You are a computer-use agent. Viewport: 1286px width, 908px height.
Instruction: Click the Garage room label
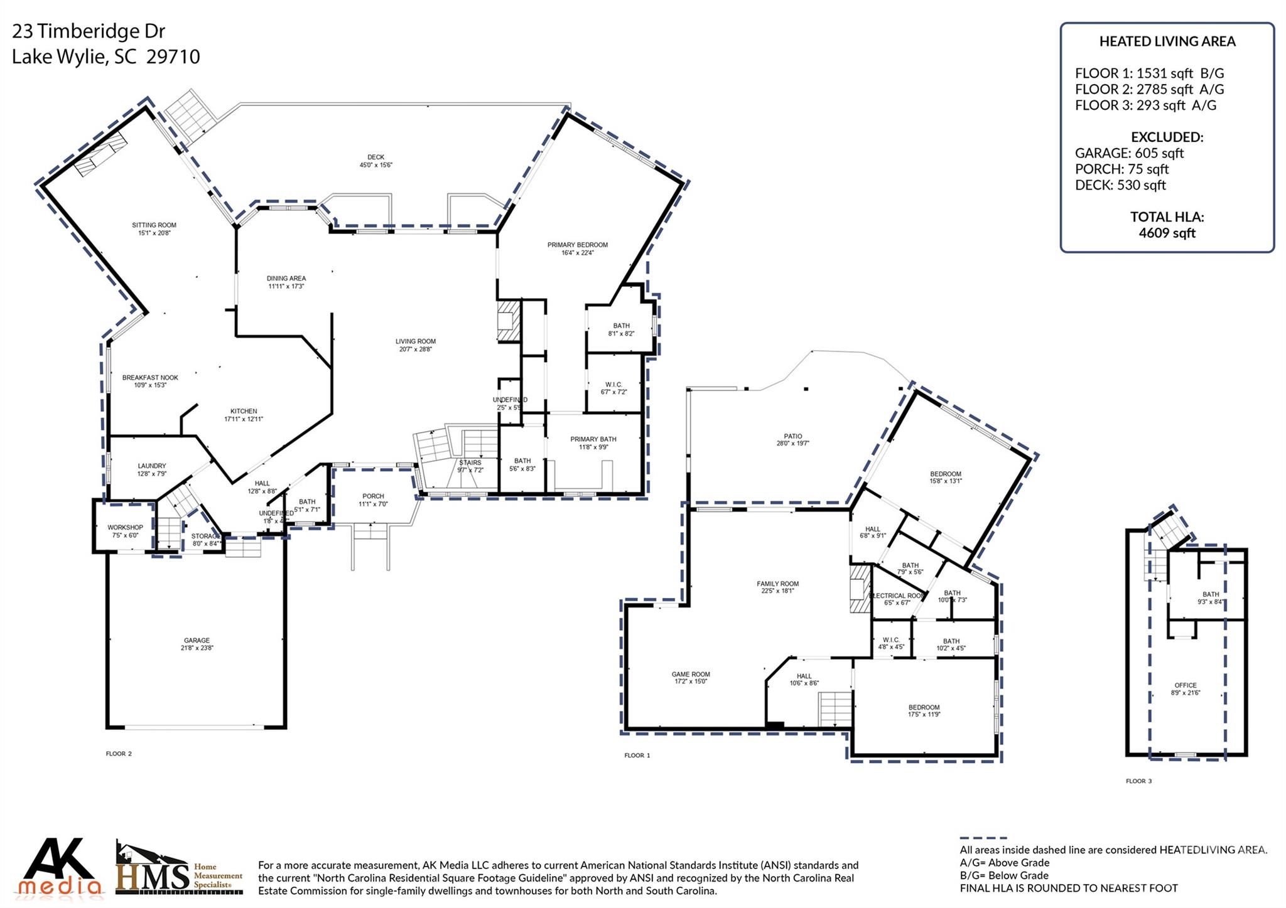coord(197,641)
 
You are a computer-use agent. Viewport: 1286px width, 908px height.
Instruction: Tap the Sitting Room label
coord(154,225)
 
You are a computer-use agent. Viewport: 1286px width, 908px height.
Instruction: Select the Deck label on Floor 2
coord(376,158)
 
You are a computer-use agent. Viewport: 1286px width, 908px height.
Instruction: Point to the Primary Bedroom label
coord(577,245)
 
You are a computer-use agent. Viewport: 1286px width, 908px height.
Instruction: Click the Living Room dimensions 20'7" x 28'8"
coord(415,350)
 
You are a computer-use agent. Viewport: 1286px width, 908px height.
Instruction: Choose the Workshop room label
coord(125,528)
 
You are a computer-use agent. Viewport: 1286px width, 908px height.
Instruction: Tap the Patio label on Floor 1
coord(792,436)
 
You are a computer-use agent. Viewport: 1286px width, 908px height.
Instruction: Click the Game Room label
coord(691,675)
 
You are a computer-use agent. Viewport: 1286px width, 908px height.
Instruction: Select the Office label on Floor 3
coord(1186,685)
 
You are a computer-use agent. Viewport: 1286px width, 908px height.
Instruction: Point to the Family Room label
coord(777,584)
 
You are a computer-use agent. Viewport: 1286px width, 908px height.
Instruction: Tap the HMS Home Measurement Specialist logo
coord(179,868)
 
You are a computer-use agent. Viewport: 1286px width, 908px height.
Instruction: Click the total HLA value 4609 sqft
coord(1167,233)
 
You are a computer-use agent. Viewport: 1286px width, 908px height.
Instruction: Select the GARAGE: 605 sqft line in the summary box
coord(1129,153)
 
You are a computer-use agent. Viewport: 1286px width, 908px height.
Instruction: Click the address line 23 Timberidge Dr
coord(89,31)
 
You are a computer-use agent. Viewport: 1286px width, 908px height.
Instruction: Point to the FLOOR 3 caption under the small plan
coord(1138,781)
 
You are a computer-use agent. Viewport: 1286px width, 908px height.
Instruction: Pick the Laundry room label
coord(152,466)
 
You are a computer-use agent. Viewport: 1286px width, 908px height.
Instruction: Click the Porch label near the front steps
coord(373,496)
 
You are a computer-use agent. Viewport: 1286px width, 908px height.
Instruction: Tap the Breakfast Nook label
coord(150,378)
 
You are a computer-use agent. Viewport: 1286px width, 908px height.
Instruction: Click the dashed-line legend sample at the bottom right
coord(983,838)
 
